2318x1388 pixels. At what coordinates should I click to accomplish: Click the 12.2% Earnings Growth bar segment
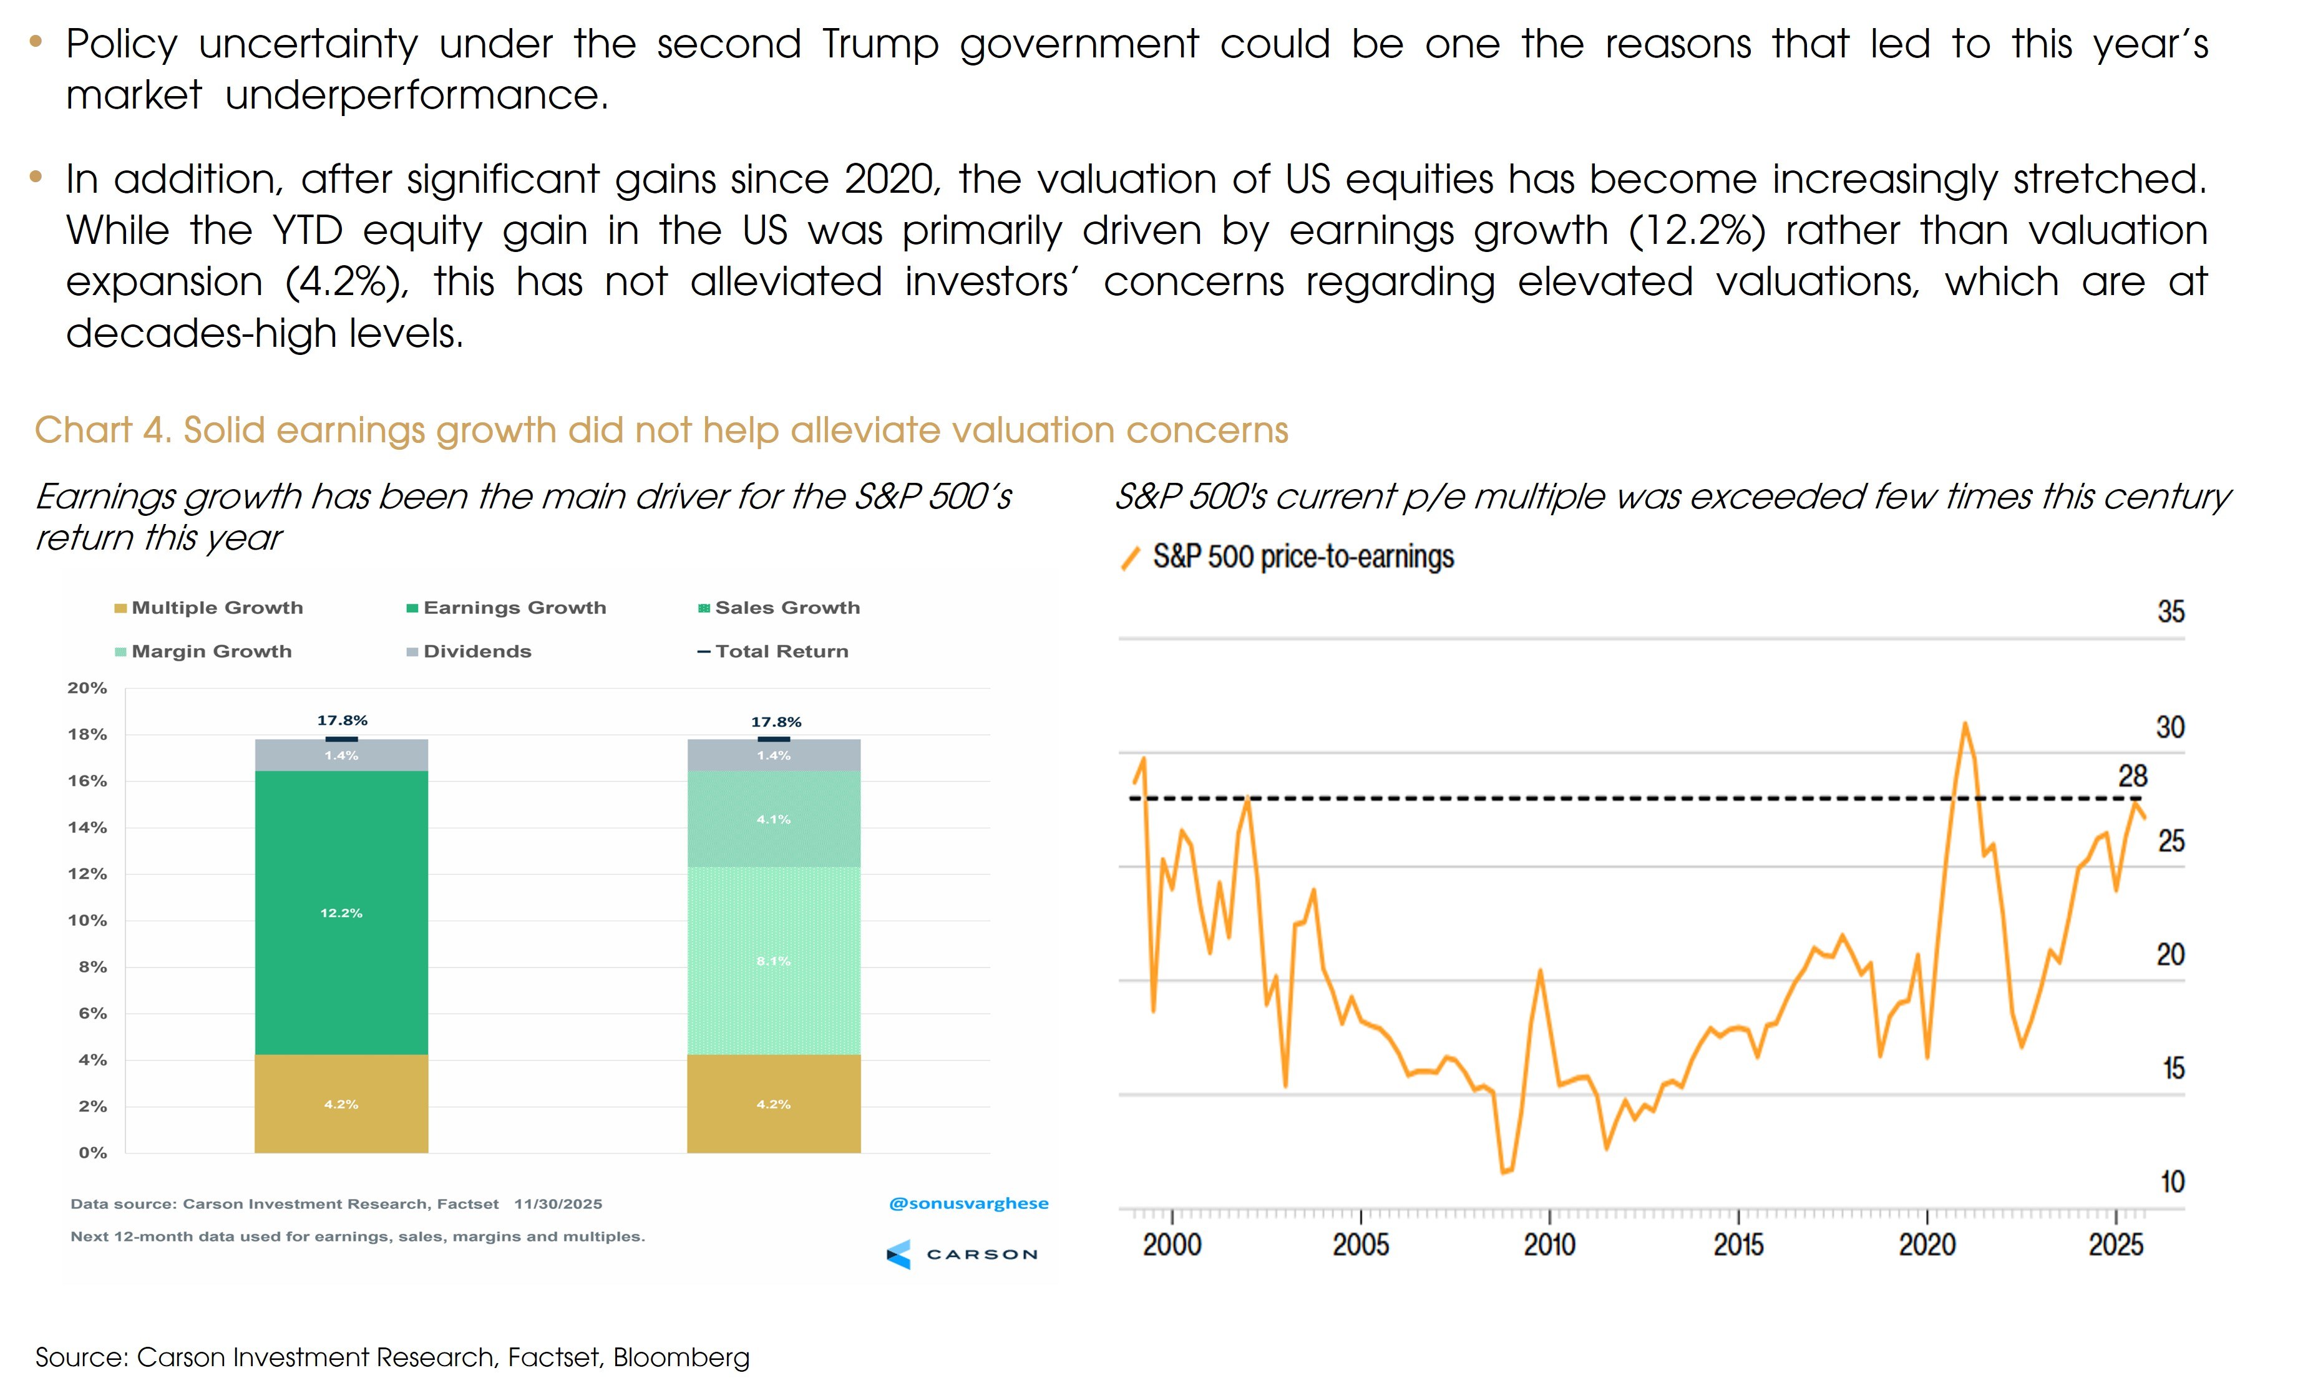[x=341, y=912]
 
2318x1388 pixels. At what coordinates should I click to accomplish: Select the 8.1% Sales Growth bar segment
[x=774, y=961]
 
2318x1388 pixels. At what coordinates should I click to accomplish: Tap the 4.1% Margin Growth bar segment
[x=774, y=818]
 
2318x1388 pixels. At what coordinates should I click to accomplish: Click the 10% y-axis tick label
[x=87, y=920]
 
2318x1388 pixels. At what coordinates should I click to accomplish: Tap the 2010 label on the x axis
[x=1549, y=1245]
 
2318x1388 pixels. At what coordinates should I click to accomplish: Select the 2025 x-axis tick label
[x=2116, y=1245]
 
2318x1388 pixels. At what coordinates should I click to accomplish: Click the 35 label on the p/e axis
[x=2170, y=612]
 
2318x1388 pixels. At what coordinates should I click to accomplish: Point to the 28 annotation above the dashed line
[x=2133, y=776]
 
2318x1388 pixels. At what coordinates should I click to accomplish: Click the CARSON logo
[x=963, y=1255]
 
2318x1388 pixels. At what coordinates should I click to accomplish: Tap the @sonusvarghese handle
[x=968, y=1204]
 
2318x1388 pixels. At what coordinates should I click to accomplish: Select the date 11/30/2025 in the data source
[x=558, y=1205]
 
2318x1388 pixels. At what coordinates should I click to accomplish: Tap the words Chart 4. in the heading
[x=103, y=430]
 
